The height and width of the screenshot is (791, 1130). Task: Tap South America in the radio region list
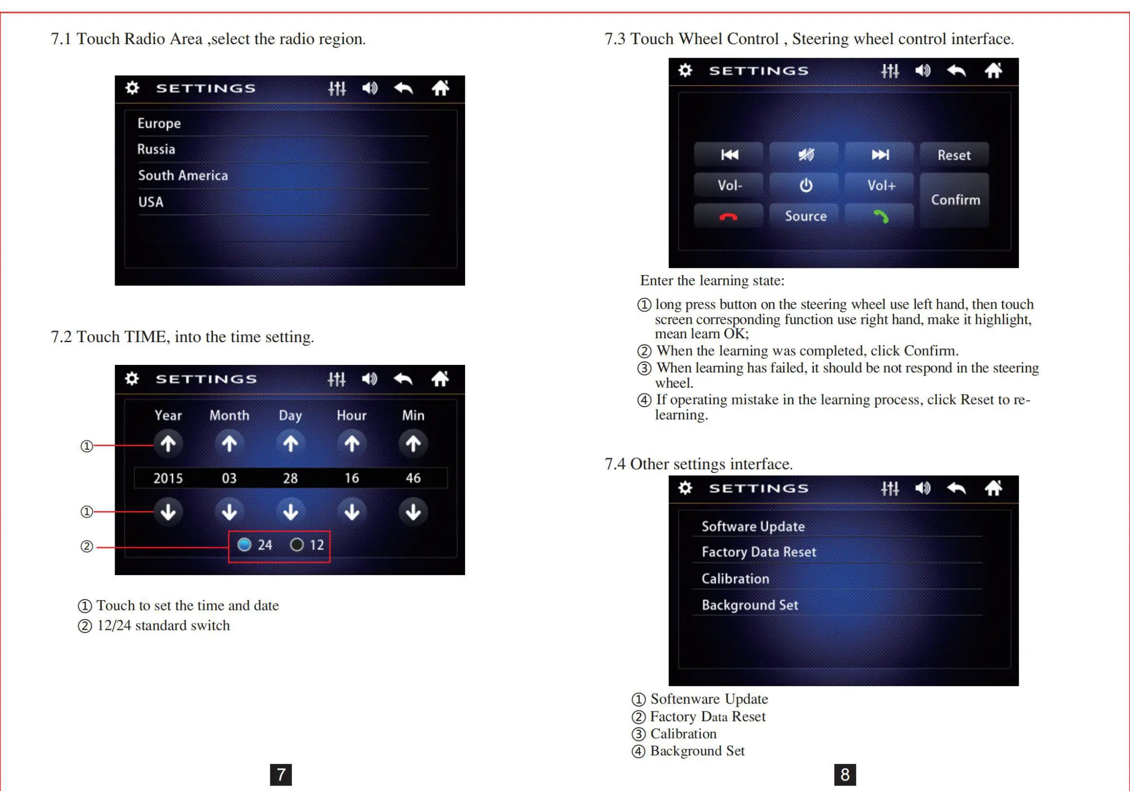pyautogui.click(x=183, y=176)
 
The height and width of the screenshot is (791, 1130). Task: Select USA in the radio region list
pyautogui.click(x=150, y=202)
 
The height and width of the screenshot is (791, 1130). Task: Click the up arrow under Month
pyautogui.click(x=229, y=444)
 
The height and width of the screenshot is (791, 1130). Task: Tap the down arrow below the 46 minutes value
pyautogui.click(x=413, y=512)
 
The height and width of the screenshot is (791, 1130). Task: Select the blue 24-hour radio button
pyautogui.click(x=245, y=545)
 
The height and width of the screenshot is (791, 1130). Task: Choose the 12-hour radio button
pyautogui.click(x=297, y=545)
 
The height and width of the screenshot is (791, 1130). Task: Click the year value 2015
pyautogui.click(x=168, y=478)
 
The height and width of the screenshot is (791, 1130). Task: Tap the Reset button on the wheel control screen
pyautogui.click(x=954, y=155)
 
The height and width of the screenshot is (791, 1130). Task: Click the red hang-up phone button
pyautogui.click(x=729, y=216)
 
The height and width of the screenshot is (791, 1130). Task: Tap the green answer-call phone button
pyautogui.click(x=881, y=216)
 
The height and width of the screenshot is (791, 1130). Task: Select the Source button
pyautogui.click(x=805, y=216)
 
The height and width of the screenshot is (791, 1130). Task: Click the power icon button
pyautogui.click(x=805, y=186)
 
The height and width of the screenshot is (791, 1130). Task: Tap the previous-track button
pyautogui.click(x=729, y=155)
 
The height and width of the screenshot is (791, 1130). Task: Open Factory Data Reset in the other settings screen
pyautogui.click(x=758, y=552)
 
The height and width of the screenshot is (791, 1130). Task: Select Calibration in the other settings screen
pyautogui.click(x=735, y=579)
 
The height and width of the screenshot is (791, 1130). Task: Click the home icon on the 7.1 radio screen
pyautogui.click(x=440, y=88)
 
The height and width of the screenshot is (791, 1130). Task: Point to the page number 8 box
pyautogui.click(x=845, y=775)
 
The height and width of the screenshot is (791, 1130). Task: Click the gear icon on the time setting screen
pyautogui.click(x=132, y=379)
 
